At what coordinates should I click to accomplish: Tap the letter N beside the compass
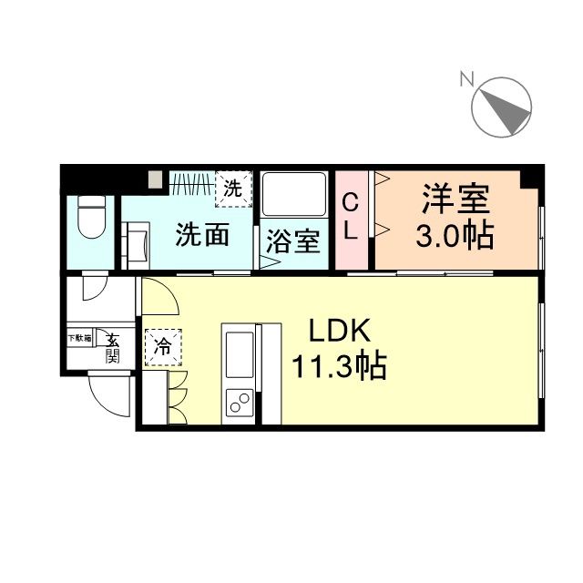click(x=465, y=80)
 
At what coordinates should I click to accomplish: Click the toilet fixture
click(x=90, y=217)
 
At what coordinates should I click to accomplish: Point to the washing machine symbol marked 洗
click(x=234, y=189)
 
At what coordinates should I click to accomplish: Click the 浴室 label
click(x=292, y=243)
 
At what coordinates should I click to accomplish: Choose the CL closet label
click(x=350, y=217)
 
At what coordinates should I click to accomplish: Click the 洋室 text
click(x=455, y=199)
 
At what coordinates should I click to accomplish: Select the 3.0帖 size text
click(x=455, y=236)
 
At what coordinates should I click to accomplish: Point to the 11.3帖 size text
click(x=338, y=367)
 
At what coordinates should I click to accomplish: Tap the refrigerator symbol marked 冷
click(x=162, y=346)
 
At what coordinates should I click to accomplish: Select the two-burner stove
click(x=240, y=401)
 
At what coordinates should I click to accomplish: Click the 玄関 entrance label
click(x=112, y=347)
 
